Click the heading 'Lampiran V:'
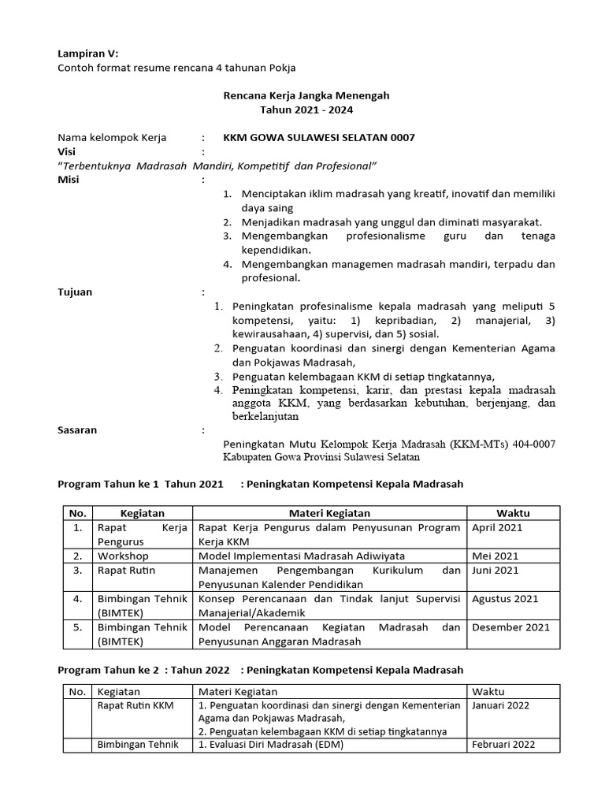[x=87, y=54]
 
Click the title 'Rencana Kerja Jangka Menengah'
[x=302, y=95]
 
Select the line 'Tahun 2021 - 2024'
[x=302, y=110]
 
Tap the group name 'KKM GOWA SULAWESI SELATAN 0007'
[x=319, y=137]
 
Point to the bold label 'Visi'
[x=68, y=151]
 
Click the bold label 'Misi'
[x=69, y=180]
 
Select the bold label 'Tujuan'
[x=75, y=292]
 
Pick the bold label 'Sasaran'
[x=78, y=430]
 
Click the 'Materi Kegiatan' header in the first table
[x=328, y=513]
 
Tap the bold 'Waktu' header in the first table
[x=513, y=513]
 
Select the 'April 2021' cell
[x=497, y=528]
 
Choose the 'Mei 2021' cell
[x=495, y=556]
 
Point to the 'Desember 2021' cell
[x=510, y=627]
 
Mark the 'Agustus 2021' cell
[x=505, y=599]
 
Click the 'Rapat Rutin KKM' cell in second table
[x=135, y=705]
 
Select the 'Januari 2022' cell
[x=501, y=705]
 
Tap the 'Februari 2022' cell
[x=503, y=745]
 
